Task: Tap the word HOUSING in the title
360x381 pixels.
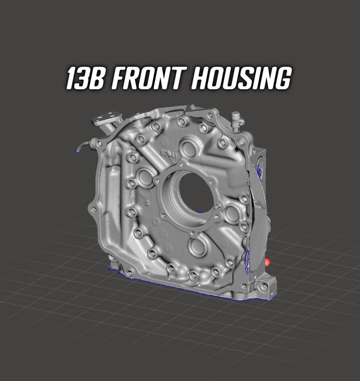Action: pos(240,79)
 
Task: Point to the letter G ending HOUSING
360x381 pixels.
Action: pos(282,79)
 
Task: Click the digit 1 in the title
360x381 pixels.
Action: pos(70,79)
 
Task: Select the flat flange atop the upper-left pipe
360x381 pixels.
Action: pos(108,117)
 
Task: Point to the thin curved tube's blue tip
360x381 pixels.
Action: pos(78,151)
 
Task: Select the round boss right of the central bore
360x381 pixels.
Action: pos(232,214)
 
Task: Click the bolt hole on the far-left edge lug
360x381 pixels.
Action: pos(94,209)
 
